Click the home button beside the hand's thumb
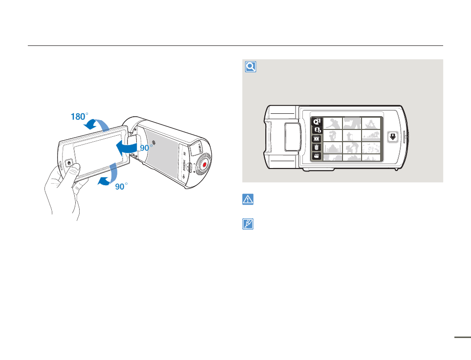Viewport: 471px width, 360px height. [68, 164]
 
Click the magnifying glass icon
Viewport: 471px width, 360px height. [250, 67]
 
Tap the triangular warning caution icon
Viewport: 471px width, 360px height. [249, 199]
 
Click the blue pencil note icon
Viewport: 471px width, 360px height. [249, 224]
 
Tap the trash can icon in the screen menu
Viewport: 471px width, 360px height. [317, 147]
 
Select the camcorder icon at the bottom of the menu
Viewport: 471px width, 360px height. [317, 156]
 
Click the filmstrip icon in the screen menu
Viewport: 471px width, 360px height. [317, 139]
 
